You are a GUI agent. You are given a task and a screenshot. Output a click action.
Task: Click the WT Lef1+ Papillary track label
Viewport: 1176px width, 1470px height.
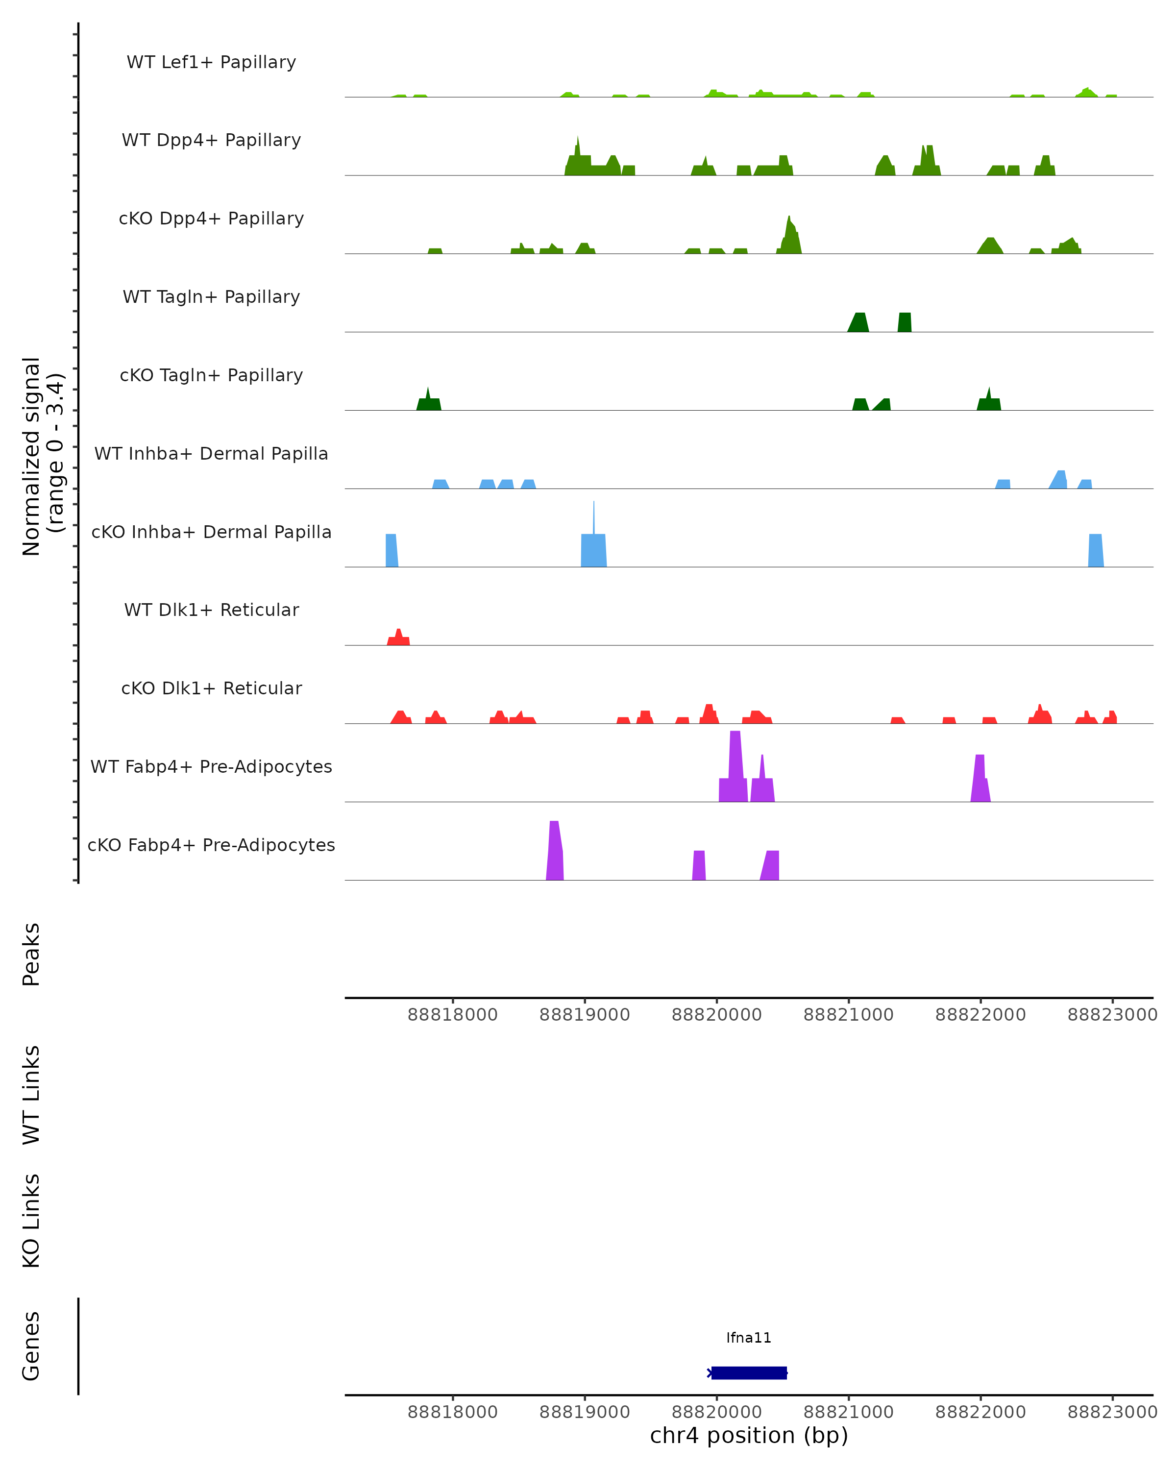pyautogui.click(x=211, y=62)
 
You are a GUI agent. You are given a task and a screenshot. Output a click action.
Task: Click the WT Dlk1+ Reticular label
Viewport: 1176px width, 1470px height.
pyautogui.click(x=211, y=610)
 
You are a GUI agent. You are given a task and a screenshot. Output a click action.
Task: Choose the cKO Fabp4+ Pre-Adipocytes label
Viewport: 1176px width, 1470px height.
pyautogui.click(x=211, y=845)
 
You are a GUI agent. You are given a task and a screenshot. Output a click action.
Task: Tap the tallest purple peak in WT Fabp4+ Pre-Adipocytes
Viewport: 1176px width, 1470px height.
pyautogui.click(x=735, y=763)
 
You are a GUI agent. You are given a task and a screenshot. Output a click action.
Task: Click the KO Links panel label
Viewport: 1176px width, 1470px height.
pyautogui.click(x=31, y=1221)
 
